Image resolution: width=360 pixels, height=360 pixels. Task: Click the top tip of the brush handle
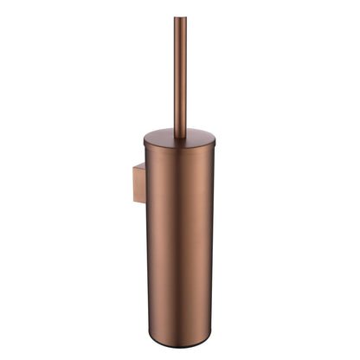180,19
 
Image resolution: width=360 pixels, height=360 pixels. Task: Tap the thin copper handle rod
180,78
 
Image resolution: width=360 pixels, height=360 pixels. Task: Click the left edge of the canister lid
145,140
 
